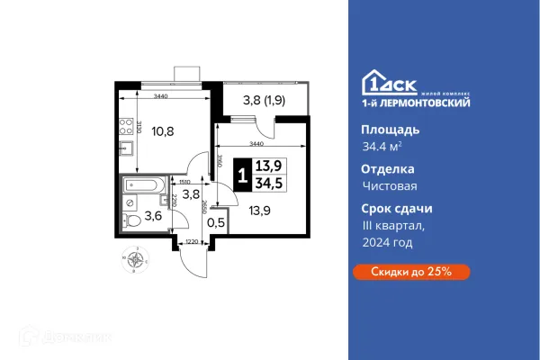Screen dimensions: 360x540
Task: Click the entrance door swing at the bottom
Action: (193, 258)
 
